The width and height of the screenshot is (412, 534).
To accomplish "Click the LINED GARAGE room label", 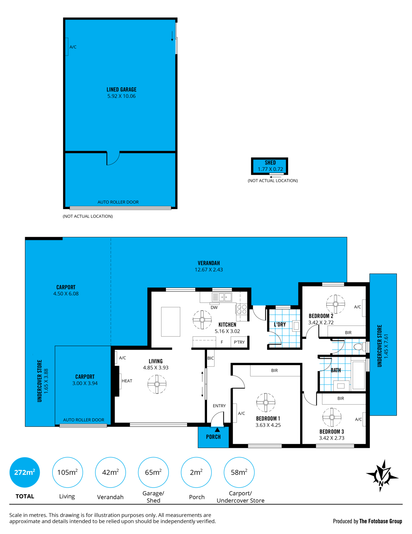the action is pyautogui.click(x=121, y=89).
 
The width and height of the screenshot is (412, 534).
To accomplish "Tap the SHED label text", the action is pyautogui.click(x=270, y=162).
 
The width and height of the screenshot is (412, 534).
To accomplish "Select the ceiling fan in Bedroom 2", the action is pyautogui.click(x=335, y=304).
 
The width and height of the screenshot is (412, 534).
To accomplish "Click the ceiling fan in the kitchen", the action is pyautogui.click(x=202, y=320).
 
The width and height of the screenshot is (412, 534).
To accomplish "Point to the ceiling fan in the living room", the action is pyautogui.click(x=157, y=384).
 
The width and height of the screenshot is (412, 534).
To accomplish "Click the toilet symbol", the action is pyautogui.click(x=359, y=347).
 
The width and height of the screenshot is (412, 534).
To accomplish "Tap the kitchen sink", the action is pyautogui.click(x=221, y=297).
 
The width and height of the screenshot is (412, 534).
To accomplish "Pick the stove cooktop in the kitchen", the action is pyautogui.click(x=241, y=309).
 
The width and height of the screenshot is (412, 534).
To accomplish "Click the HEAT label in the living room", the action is pyautogui.click(x=127, y=381).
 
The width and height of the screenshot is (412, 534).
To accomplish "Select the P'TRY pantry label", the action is pyautogui.click(x=239, y=342).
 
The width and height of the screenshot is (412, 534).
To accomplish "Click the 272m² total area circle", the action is pyautogui.click(x=25, y=472).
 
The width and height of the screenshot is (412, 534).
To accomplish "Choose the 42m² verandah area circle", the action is pyautogui.click(x=110, y=472).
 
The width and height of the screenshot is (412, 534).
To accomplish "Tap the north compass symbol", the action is pyautogui.click(x=382, y=476).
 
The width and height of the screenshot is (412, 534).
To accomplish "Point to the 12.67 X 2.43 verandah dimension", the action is pyautogui.click(x=209, y=270).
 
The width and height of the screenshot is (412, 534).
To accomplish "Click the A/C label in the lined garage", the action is pyautogui.click(x=73, y=47).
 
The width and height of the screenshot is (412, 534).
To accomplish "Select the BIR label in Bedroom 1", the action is pyautogui.click(x=274, y=370).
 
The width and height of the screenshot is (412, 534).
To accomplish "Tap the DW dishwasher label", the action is pyautogui.click(x=214, y=307).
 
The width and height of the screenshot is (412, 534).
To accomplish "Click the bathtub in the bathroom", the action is pyautogui.click(x=358, y=375).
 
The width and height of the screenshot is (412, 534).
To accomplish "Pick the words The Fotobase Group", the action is pyautogui.click(x=380, y=521).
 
